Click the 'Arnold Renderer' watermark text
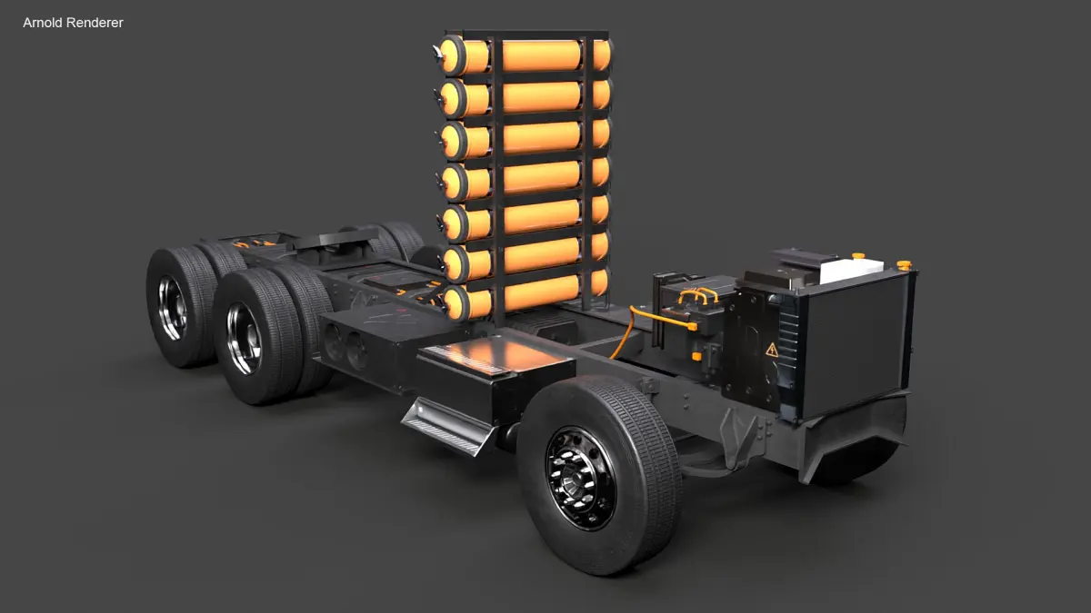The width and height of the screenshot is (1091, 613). coord(73,23)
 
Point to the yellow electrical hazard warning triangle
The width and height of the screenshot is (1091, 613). coord(772,350)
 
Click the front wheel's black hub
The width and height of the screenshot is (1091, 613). coord(581,479)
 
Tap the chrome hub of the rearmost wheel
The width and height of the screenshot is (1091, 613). coord(173,307)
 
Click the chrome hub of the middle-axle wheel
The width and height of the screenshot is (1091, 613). coord(244,338)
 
